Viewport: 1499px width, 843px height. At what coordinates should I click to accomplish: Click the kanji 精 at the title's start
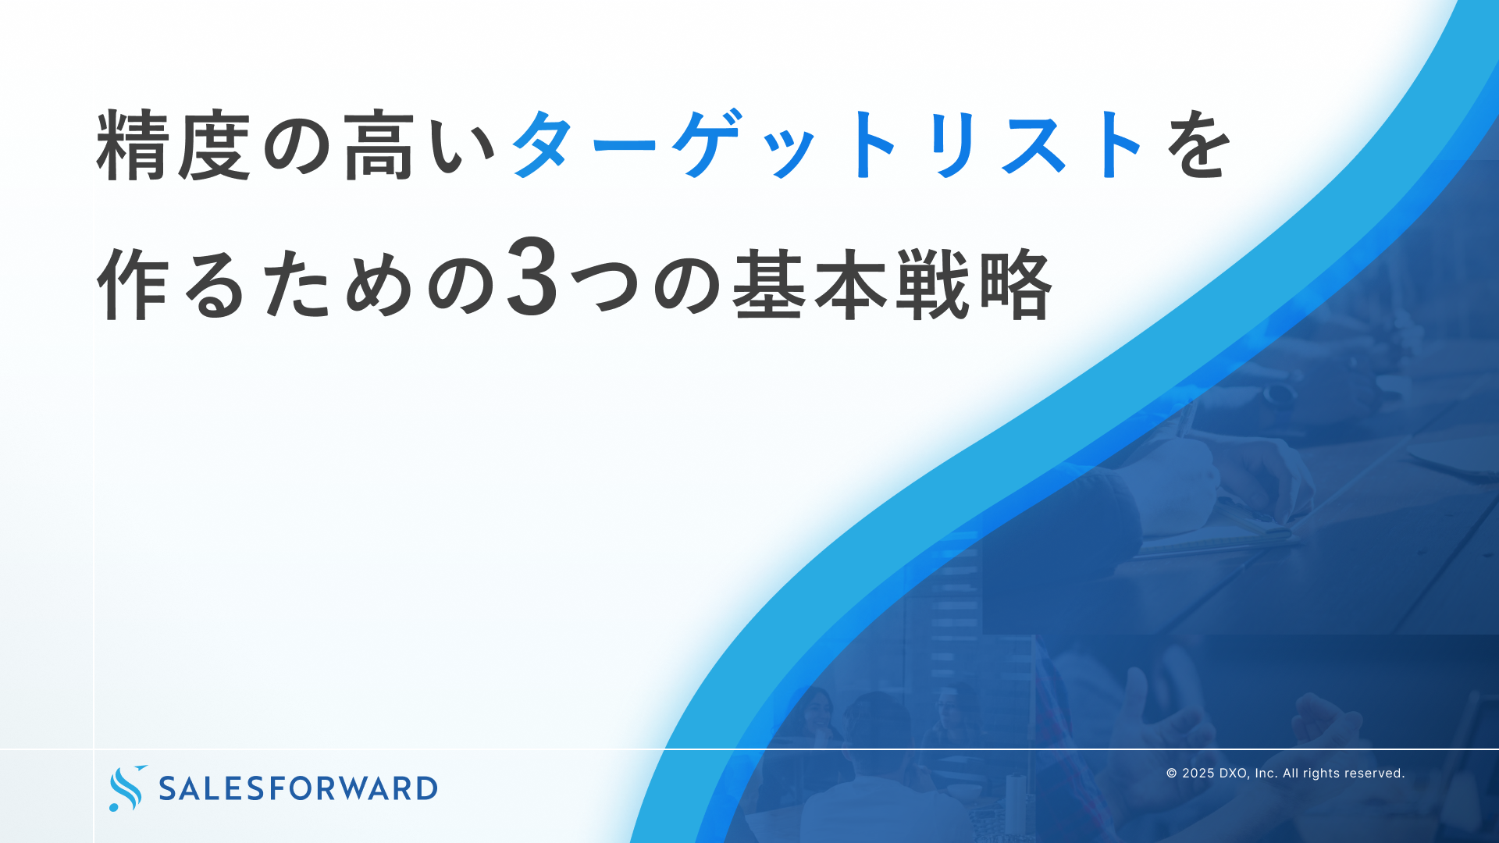click(x=134, y=146)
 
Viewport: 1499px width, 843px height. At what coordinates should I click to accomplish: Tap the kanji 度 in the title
click(x=215, y=146)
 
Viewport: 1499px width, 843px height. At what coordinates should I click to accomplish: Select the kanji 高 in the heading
click(x=379, y=146)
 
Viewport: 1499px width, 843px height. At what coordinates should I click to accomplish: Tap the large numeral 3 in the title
click(x=533, y=279)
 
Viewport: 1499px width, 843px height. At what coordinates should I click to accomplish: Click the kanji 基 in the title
click(x=770, y=284)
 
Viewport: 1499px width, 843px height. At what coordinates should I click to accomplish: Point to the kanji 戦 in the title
click(x=932, y=284)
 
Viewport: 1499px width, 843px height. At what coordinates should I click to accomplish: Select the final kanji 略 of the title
click(x=1015, y=284)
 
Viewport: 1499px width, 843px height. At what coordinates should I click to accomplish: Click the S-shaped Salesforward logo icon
click(x=127, y=788)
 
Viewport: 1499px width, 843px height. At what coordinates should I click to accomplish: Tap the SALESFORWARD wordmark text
click(x=298, y=788)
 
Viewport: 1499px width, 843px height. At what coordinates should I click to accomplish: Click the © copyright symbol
click(x=1172, y=774)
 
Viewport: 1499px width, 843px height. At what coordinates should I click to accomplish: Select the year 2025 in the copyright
click(x=1198, y=774)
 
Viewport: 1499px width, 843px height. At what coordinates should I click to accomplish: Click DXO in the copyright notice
click(x=1234, y=774)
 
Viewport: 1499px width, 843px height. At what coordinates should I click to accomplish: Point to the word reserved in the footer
click(x=1375, y=774)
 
